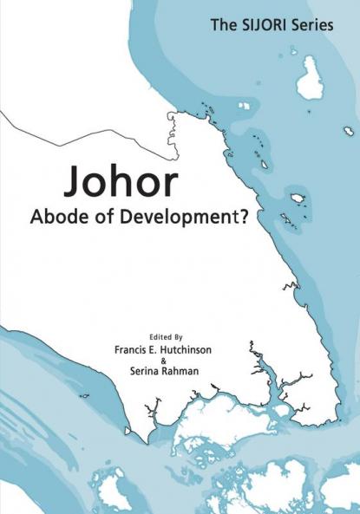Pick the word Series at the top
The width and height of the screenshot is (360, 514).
[x=312, y=25]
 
